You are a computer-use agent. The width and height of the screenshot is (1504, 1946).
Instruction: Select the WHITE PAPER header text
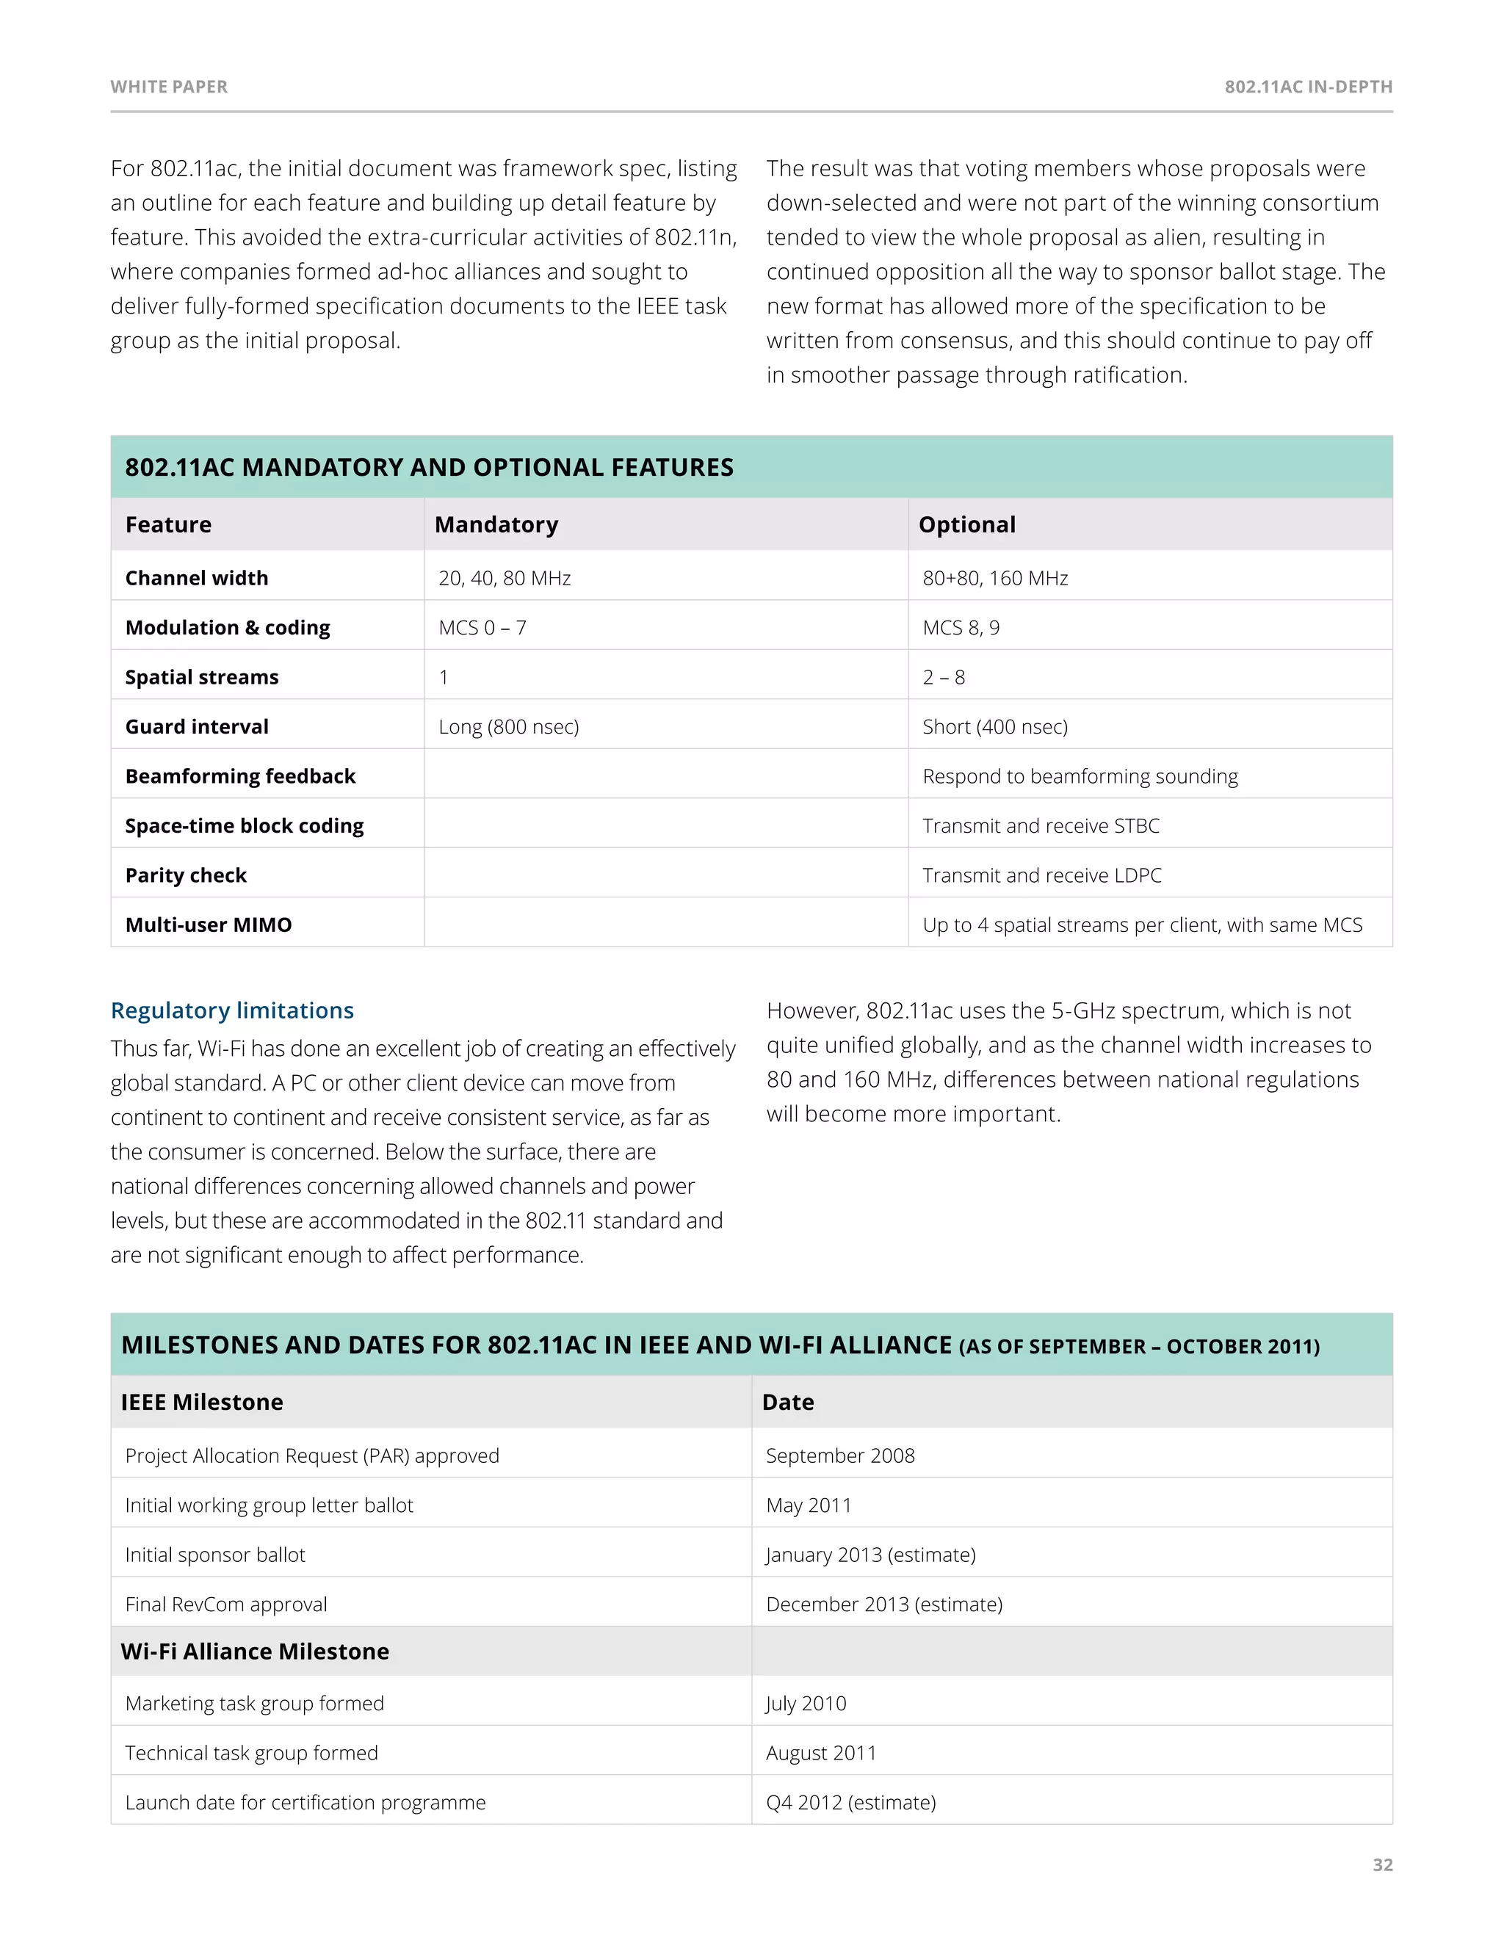pyautogui.click(x=170, y=87)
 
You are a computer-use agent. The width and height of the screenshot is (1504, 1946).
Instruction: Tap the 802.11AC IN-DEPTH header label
pyautogui.click(x=1308, y=87)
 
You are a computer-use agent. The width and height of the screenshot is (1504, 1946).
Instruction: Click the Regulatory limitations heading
pyautogui.click(x=233, y=1010)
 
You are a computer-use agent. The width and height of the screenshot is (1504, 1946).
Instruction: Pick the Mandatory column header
pyautogui.click(x=496, y=525)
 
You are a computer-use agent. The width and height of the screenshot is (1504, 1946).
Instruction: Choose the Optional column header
pyautogui.click(x=966, y=525)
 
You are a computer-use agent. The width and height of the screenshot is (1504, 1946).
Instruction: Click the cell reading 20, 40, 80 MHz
pyautogui.click(x=505, y=578)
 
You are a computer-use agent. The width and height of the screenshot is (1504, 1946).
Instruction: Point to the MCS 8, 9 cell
pyautogui.click(x=961, y=628)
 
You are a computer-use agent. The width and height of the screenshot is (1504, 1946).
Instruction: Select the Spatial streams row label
pyautogui.click(x=202, y=677)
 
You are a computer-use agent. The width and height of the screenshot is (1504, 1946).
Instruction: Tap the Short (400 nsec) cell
pyautogui.click(x=995, y=727)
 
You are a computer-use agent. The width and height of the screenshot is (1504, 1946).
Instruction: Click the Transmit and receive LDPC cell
pyautogui.click(x=1041, y=876)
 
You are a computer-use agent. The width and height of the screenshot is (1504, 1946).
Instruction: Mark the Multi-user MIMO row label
pyautogui.click(x=209, y=925)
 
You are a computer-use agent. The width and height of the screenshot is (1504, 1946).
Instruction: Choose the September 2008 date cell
pyautogui.click(x=840, y=1456)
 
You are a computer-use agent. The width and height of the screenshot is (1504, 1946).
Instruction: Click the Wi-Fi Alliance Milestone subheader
pyautogui.click(x=255, y=1652)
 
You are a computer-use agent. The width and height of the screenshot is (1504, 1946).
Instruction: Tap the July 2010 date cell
pyautogui.click(x=806, y=1704)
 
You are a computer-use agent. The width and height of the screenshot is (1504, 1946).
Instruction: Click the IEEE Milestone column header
pyautogui.click(x=202, y=1403)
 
